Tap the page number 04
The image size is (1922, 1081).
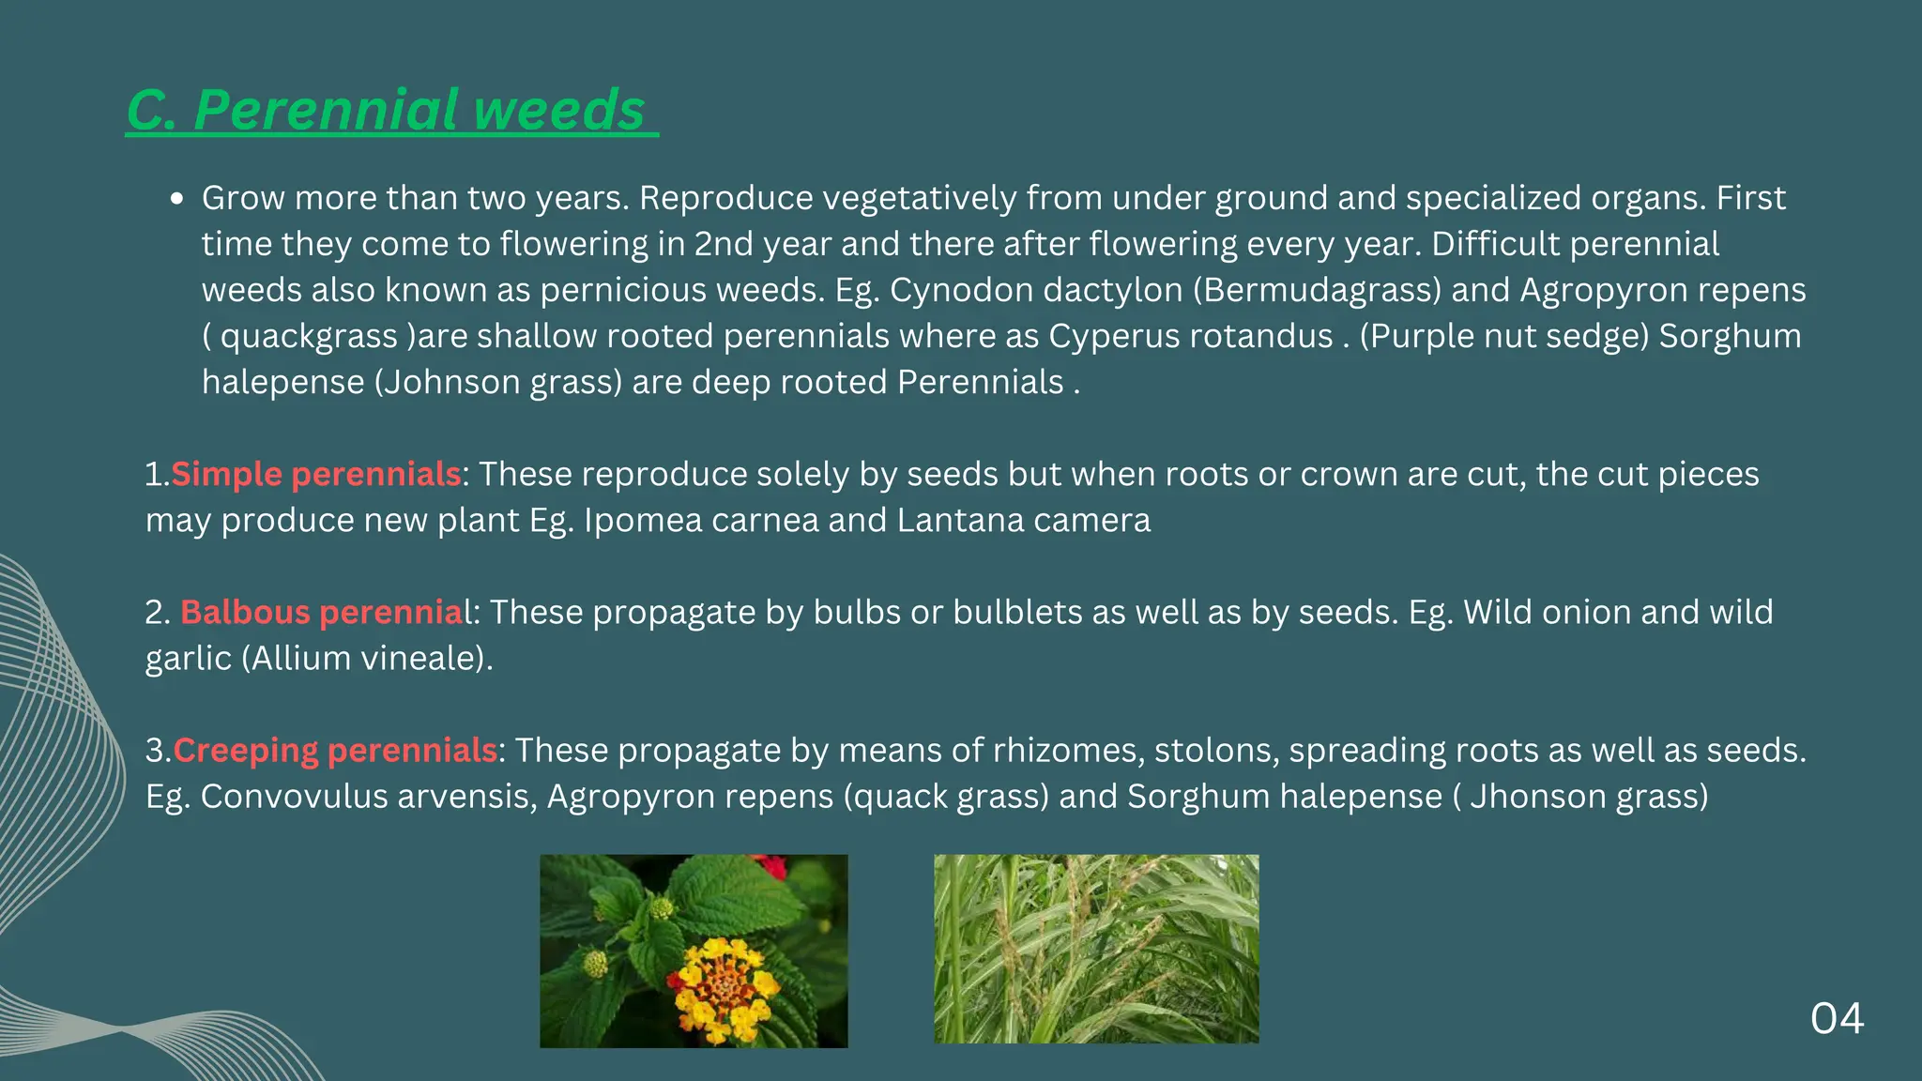(1837, 1019)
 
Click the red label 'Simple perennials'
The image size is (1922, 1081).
(315, 474)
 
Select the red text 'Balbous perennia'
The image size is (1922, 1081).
(322, 612)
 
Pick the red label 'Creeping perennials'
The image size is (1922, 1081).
(335, 750)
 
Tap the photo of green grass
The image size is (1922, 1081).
(1096, 949)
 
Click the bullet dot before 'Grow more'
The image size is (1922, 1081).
(176, 199)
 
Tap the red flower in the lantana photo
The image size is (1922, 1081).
(771, 865)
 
